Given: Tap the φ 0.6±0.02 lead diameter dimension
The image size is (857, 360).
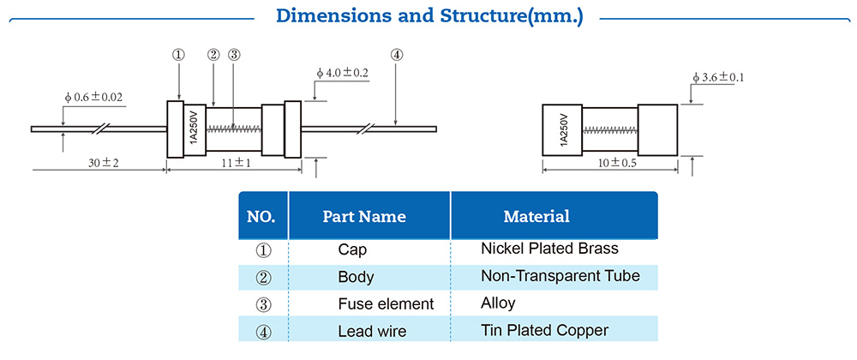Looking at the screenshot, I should (93, 98).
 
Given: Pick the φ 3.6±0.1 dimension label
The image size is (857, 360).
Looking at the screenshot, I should (718, 77).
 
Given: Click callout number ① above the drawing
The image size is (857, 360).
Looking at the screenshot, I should (178, 55).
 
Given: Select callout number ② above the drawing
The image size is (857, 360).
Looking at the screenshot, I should (213, 55).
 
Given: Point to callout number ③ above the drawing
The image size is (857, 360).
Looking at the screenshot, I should (234, 55).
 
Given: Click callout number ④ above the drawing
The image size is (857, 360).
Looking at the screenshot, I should (396, 55).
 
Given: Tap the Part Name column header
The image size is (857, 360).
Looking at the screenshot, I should (364, 216).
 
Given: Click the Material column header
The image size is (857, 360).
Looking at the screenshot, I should (536, 216).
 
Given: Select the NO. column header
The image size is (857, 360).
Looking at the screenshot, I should (261, 216).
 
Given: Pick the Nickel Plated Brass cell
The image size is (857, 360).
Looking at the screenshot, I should (549, 249).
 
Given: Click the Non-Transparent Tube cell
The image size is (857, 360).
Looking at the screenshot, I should (560, 276).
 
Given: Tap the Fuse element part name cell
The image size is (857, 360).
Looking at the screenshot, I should (386, 303).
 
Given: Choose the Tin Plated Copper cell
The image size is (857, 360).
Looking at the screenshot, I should (544, 330).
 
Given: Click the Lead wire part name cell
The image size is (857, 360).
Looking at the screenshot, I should (373, 331).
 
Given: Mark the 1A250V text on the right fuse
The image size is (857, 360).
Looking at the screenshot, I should (564, 130).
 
